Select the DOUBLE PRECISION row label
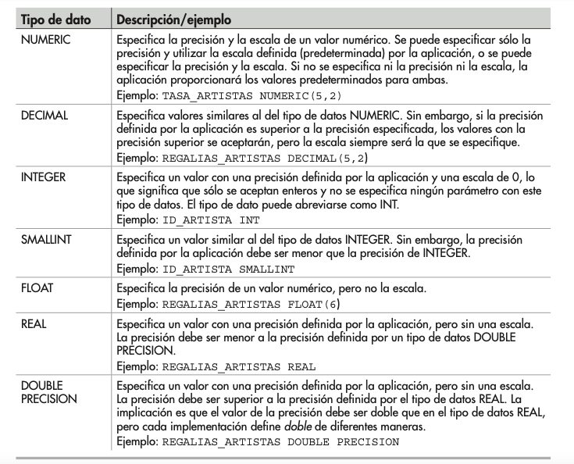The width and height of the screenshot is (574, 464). click(48, 393)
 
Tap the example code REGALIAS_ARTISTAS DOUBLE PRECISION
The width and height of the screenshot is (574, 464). click(280, 442)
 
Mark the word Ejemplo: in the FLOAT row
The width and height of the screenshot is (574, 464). click(135, 302)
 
